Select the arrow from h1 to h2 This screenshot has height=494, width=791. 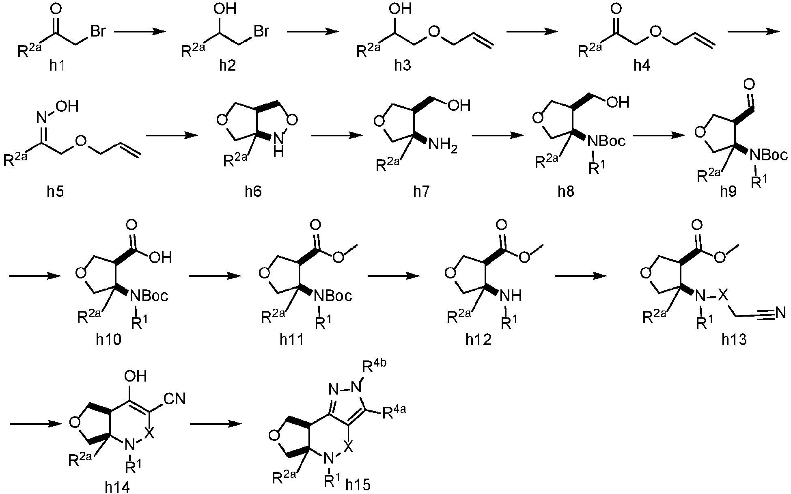point(140,32)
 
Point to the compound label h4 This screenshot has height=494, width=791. point(642,65)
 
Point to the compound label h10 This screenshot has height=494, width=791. point(109,340)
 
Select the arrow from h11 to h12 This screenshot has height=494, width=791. point(393,276)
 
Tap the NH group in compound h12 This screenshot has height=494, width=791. point(511,296)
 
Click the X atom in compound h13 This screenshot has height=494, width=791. point(722,296)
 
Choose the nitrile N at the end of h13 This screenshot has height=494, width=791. point(780,313)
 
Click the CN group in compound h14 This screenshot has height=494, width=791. point(175,399)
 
